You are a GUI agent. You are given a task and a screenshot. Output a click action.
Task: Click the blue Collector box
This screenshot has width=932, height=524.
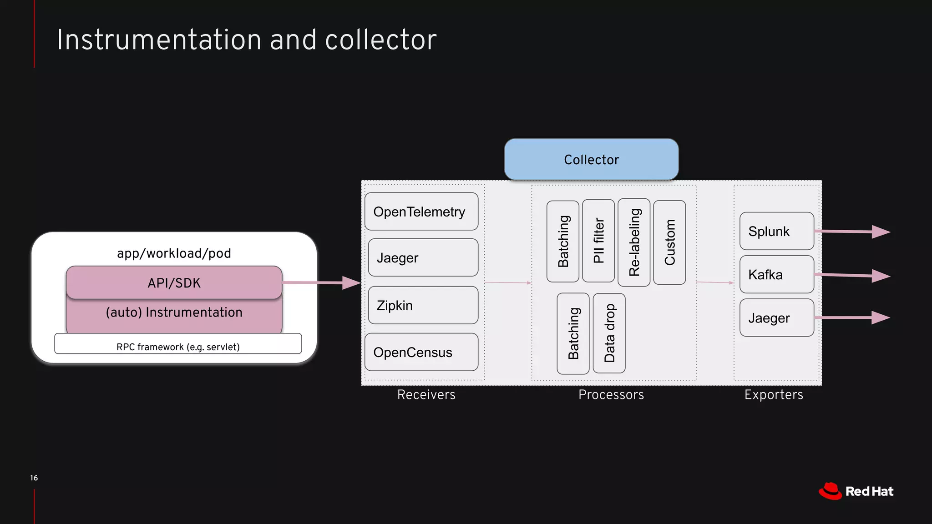[x=591, y=159]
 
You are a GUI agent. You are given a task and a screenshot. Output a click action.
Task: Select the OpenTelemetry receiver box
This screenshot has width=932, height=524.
[x=421, y=212]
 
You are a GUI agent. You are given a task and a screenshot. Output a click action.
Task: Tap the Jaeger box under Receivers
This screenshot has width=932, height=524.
[x=423, y=257]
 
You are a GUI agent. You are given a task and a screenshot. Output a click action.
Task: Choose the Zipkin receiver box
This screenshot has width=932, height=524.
[x=423, y=305]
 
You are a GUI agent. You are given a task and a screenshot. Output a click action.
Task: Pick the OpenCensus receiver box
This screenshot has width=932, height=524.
[x=421, y=352]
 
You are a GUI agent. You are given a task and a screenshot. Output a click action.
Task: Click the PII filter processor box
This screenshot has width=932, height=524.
[x=598, y=241]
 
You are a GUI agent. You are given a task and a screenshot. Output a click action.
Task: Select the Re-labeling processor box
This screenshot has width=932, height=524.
[x=634, y=242]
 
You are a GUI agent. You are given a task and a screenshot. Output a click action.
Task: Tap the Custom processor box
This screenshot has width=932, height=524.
[x=669, y=242]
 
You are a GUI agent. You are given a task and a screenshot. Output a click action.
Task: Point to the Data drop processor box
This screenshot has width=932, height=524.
[x=609, y=333]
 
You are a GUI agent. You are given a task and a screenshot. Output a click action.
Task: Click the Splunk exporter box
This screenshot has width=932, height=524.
[x=776, y=231]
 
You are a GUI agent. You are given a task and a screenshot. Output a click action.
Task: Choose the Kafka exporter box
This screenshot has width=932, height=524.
[x=776, y=274]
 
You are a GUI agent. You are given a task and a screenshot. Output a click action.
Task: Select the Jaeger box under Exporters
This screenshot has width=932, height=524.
[x=776, y=317]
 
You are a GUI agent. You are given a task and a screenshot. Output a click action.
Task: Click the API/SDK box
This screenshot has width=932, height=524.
[x=174, y=282]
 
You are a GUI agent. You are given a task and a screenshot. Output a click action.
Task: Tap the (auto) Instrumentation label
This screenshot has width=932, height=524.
[x=174, y=312]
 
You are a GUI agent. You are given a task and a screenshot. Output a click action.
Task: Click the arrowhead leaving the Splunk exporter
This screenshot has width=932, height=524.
[x=881, y=232]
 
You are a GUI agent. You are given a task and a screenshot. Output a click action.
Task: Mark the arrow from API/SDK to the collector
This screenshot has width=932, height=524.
[x=321, y=282]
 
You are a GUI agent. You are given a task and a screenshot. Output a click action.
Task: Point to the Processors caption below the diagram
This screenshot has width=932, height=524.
[x=611, y=394]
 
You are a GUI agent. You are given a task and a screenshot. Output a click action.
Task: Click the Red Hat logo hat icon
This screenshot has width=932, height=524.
[x=830, y=491]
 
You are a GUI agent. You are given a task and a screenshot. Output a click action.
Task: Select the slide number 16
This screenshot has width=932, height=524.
[x=34, y=478]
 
